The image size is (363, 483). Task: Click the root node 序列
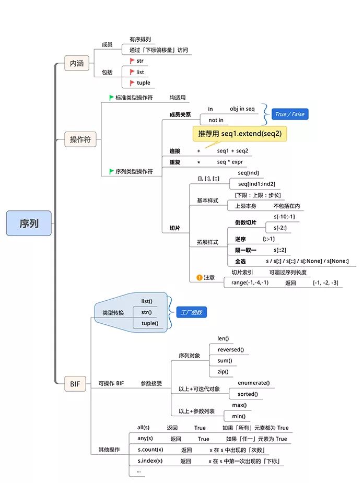pyautogui.click(x=29, y=223)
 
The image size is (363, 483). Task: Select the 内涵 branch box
pyautogui.click(x=76, y=63)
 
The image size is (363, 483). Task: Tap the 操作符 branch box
pyautogui.click(x=80, y=139)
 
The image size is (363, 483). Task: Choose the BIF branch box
pyautogui.click(x=75, y=384)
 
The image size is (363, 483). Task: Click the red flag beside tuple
pyautogui.click(x=132, y=83)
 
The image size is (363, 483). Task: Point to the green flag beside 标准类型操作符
pyautogui.click(x=111, y=98)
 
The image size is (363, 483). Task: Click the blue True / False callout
pyautogui.click(x=290, y=114)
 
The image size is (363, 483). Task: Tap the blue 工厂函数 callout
pyautogui.click(x=191, y=312)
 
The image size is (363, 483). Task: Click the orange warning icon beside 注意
pyautogui.click(x=199, y=277)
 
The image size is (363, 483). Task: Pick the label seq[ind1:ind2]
pyautogui.click(x=256, y=184)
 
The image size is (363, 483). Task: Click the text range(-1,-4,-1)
pyautogui.click(x=250, y=282)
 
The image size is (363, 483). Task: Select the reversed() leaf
pyautogui.click(x=230, y=349)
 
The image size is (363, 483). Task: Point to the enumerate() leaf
pyautogui.click(x=253, y=383)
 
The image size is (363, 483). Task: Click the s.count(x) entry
pyautogui.click(x=150, y=450)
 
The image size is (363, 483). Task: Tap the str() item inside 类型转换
pyautogui.click(x=146, y=312)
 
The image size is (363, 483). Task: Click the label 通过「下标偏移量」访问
pyautogui.click(x=158, y=50)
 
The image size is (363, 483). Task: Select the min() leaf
pyautogui.click(x=239, y=416)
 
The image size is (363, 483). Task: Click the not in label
pyautogui.click(x=216, y=120)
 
